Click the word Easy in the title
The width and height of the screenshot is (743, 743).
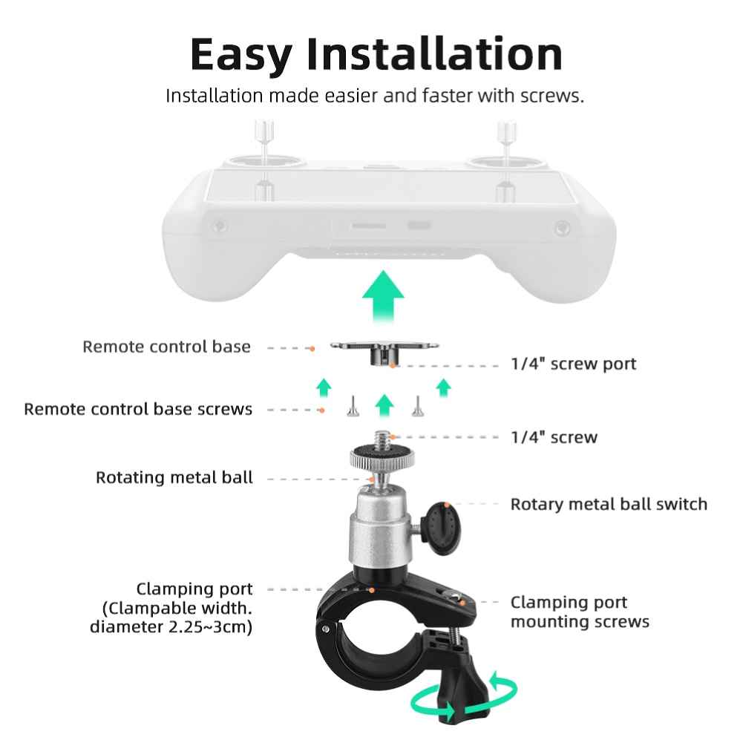point(241,55)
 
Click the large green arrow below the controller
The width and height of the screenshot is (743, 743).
point(383,295)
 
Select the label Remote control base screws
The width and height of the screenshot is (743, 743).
point(138,409)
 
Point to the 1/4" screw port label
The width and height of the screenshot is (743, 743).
point(573,364)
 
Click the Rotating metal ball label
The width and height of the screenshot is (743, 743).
point(174,477)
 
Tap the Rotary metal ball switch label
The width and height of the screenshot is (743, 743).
point(609,504)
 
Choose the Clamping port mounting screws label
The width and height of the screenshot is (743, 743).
point(580,612)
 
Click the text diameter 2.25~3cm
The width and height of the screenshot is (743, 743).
point(171,627)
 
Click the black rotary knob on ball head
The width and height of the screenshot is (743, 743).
point(441,528)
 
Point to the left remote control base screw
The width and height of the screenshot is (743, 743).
point(353,406)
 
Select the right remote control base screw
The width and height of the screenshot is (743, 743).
point(417,406)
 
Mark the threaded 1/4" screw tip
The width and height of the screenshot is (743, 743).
point(382,439)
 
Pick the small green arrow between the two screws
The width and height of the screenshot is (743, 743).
point(384,406)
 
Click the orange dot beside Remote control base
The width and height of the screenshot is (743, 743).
point(312,349)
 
